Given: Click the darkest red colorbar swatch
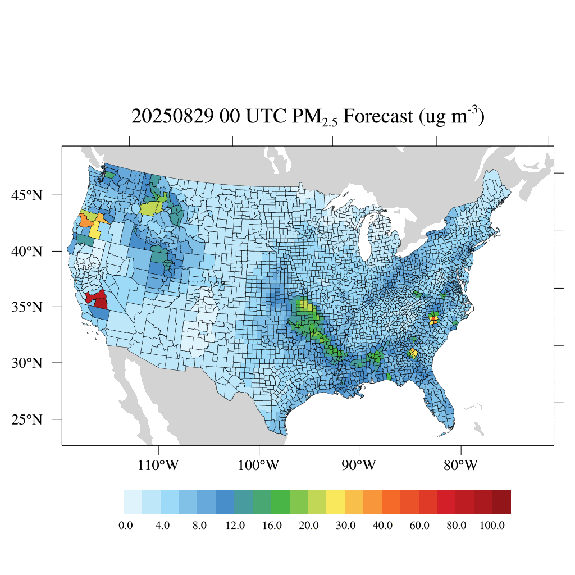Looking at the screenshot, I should tap(501, 502).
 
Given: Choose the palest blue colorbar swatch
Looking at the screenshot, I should tap(133, 502).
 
